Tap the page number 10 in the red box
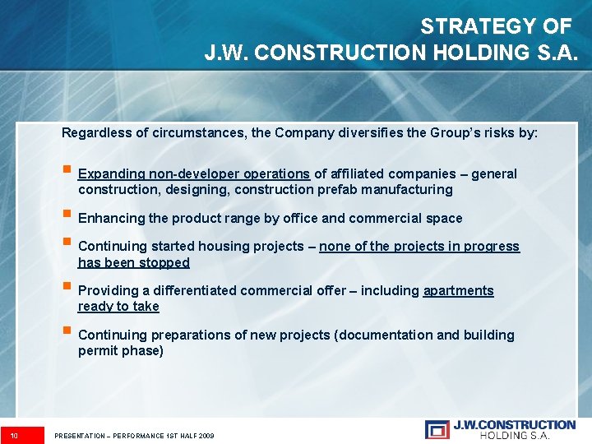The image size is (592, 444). point(15,435)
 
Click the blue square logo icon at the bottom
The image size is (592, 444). point(437,429)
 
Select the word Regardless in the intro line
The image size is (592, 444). point(95,132)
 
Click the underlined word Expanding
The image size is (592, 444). point(112,173)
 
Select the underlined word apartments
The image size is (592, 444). point(458,290)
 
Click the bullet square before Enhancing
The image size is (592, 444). point(67,216)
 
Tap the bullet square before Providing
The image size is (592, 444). point(67,289)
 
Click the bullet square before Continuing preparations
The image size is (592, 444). point(67,333)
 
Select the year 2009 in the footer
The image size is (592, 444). point(205,435)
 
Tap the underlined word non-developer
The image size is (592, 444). point(195,173)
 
